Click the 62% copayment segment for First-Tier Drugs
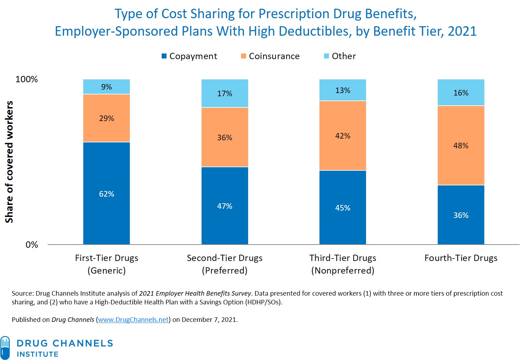(106, 193)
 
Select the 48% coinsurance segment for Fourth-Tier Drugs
(461, 146)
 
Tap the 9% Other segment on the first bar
(106, 87)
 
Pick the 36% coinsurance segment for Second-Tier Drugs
(225, 137)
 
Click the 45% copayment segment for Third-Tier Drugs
(343, 207)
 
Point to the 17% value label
(225, 93)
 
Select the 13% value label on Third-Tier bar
(343, 90)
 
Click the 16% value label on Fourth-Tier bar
(461, 93)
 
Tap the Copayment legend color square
(164, 56)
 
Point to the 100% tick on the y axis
(27, 79)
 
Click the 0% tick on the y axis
(31, 245)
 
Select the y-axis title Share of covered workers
(9, 162)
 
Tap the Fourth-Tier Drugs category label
(461, 258)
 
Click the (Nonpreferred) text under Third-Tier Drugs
(343, 270)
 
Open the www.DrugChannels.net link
(133, 319)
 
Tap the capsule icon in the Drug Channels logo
(5, 347)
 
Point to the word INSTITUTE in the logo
(38, 354)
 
